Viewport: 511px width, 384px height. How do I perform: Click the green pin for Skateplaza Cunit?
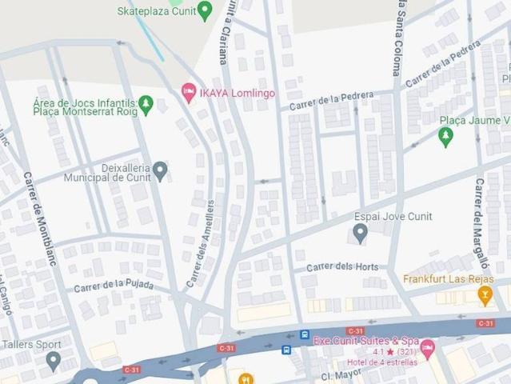click(205, 10)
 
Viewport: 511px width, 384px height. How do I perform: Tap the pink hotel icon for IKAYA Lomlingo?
click(189, 93)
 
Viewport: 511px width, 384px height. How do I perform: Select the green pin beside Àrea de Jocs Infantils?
click(146, 104)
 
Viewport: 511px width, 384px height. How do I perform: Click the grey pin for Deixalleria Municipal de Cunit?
click(160, 170)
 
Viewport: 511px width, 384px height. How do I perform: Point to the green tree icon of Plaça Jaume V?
click(445, 138)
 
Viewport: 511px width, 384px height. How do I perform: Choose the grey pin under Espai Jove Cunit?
click(360, 233)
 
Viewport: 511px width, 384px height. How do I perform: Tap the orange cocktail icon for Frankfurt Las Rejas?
click(484, 296)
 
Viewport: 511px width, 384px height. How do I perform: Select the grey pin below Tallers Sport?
click(53, 361)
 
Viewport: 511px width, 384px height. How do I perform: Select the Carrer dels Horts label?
click(341, 266)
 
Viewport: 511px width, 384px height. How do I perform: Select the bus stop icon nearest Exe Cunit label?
click(305, 334)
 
